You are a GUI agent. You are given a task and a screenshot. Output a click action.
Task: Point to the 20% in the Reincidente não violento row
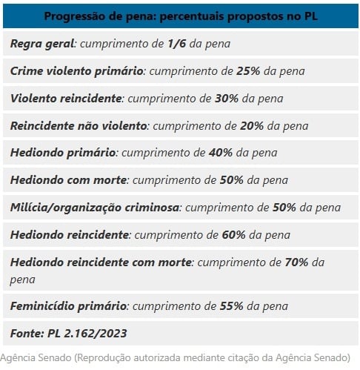point(251,126)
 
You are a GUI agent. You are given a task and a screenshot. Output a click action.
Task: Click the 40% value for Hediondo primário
point(220,153)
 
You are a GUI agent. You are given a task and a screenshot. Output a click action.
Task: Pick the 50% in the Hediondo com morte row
point(231,180)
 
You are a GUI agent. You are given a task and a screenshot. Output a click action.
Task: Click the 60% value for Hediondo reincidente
point(233,235)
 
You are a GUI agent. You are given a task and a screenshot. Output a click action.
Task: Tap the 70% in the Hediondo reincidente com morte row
point(296,262)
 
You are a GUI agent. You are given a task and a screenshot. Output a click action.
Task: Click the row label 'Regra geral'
point(42,44)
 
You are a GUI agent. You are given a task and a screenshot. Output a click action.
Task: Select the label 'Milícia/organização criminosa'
point(95,207)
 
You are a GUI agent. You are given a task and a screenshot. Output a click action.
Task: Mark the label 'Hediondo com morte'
point(69,180)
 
